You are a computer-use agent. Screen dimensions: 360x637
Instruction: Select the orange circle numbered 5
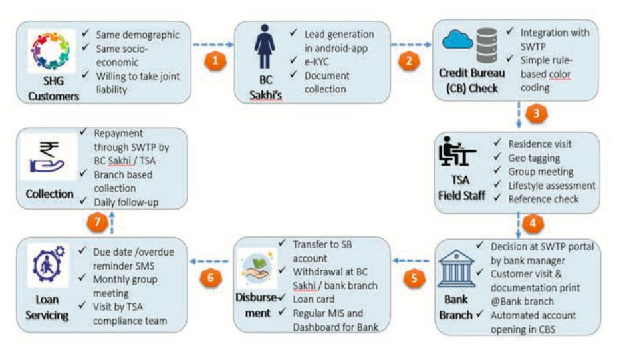click(x=414, y=277)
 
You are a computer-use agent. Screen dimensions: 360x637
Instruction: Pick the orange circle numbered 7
click(x=99, y=222)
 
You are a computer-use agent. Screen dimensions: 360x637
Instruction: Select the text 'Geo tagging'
click(x=534, y=158)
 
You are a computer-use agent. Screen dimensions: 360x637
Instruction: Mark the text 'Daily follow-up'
click(x=128, y=202)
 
